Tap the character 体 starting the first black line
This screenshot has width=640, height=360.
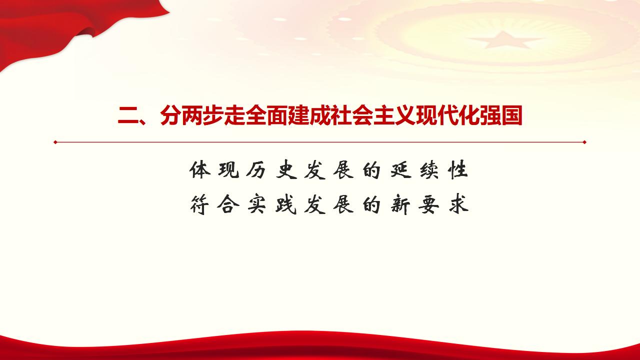click(x=199, y=170)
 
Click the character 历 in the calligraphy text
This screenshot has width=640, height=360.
click(x=256, y=170)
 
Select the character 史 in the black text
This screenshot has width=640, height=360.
click(x=285, y=170)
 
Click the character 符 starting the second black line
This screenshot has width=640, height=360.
click(x=199, y=205)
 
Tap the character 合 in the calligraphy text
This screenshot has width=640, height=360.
click(x=227, y=205)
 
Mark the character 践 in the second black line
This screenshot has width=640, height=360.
click(x=285, y=205)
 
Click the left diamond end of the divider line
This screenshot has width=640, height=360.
click(x=55, y=142)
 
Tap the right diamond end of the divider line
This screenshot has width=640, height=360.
click(x=584, y=142)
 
